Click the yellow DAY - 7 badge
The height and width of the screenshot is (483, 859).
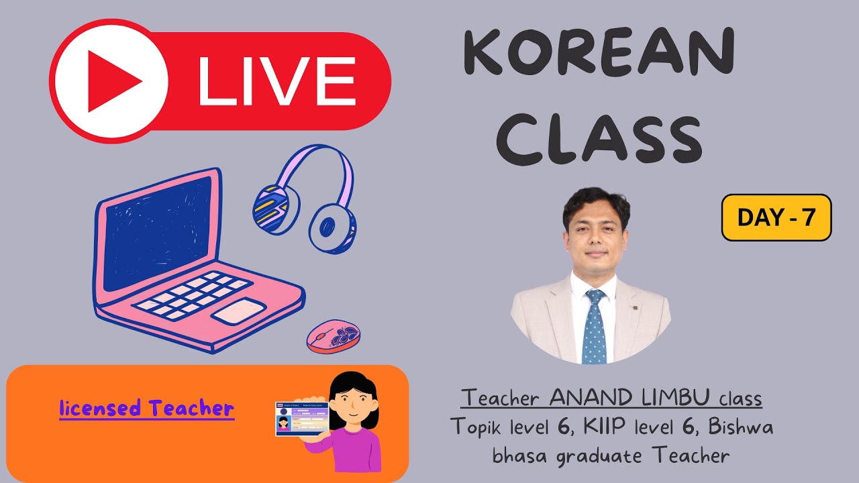[776, 217]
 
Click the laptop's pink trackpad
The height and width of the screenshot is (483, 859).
[239, 310]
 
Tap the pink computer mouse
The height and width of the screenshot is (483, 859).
[334, 335]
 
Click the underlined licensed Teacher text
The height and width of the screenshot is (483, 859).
[146, 408]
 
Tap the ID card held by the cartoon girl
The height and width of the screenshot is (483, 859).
[301, 419]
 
